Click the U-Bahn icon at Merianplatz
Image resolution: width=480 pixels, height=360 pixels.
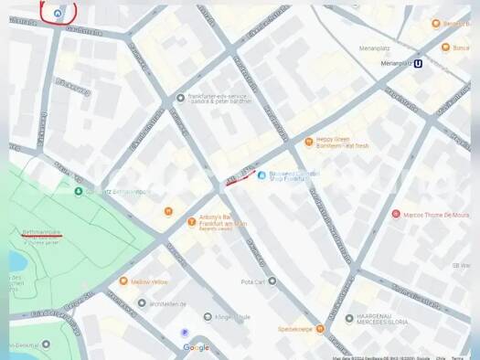coord(419,63)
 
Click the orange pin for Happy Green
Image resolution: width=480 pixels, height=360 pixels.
coord(309,142)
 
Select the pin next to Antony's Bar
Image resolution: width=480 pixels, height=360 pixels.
coord(191,220)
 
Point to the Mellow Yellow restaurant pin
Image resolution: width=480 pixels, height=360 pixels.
coord(123,281)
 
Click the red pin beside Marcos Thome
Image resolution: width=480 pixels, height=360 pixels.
coord(396,214)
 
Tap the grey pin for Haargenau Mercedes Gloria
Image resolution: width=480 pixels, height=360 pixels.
coord(348,318)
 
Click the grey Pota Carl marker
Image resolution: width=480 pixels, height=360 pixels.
coord(272,281)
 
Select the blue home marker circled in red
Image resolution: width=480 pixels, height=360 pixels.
coord(59,13)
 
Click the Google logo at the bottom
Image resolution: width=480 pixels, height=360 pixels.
coord(196,347)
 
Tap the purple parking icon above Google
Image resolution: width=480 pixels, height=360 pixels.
coord(185,333)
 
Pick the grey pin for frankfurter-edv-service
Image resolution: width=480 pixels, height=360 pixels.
coord(181,97)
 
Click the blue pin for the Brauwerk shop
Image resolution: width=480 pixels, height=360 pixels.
coord(261,175)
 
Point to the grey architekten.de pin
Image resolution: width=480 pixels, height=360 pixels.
coord(142,302)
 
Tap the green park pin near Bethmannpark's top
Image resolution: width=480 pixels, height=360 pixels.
coord(79,191)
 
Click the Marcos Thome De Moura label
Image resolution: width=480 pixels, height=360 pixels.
coord(435,215)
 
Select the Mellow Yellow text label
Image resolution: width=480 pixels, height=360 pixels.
coord(150,281)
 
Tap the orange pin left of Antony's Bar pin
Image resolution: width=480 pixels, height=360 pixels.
coord(168,211)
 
